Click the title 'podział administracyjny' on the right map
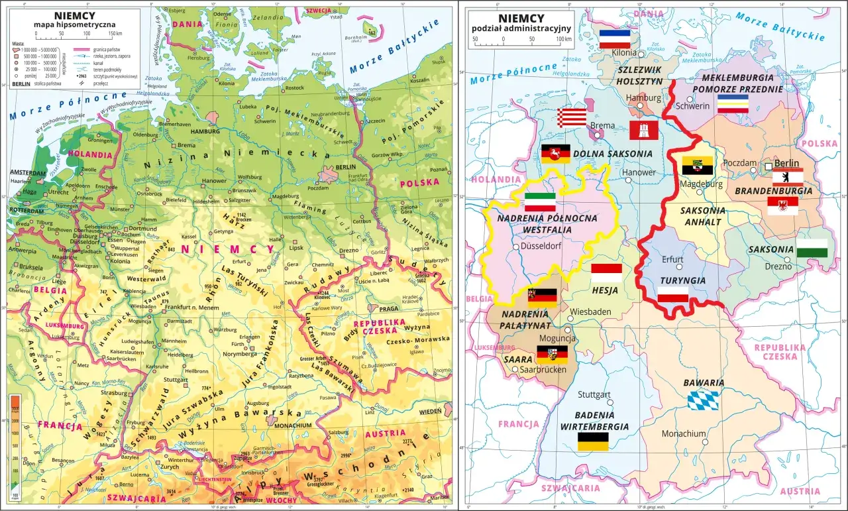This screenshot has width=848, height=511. [521, 28]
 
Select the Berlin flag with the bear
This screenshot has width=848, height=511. [788, 178]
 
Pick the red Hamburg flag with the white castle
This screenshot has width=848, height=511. [643, 130]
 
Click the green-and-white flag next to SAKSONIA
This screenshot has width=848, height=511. [812, 249]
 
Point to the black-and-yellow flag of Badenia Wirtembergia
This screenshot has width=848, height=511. [593, 442]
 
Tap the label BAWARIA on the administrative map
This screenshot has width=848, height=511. [704, 383]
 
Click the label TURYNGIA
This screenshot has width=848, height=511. [682, 280]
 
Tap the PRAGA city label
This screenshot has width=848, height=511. [389, 309]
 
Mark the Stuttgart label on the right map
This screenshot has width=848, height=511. [594, 394]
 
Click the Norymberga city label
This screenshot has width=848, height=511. [239, 353]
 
